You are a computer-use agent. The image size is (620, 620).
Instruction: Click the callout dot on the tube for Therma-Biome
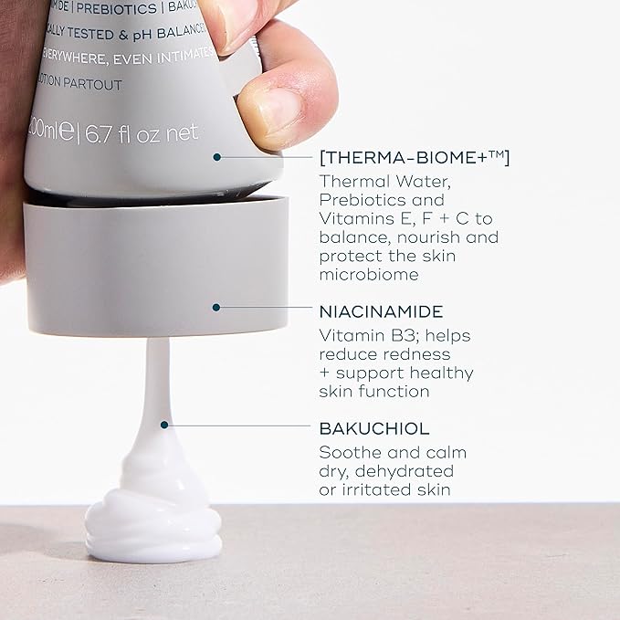point(216,157)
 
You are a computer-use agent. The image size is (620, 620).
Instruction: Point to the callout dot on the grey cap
point(216,307)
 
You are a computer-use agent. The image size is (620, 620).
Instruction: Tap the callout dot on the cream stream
point(163,424)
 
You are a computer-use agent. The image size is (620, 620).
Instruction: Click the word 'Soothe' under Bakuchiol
point(346,452)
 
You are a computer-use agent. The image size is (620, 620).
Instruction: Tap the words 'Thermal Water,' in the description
point(384,181)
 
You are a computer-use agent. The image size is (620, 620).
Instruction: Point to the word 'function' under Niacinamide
point(399,391)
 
